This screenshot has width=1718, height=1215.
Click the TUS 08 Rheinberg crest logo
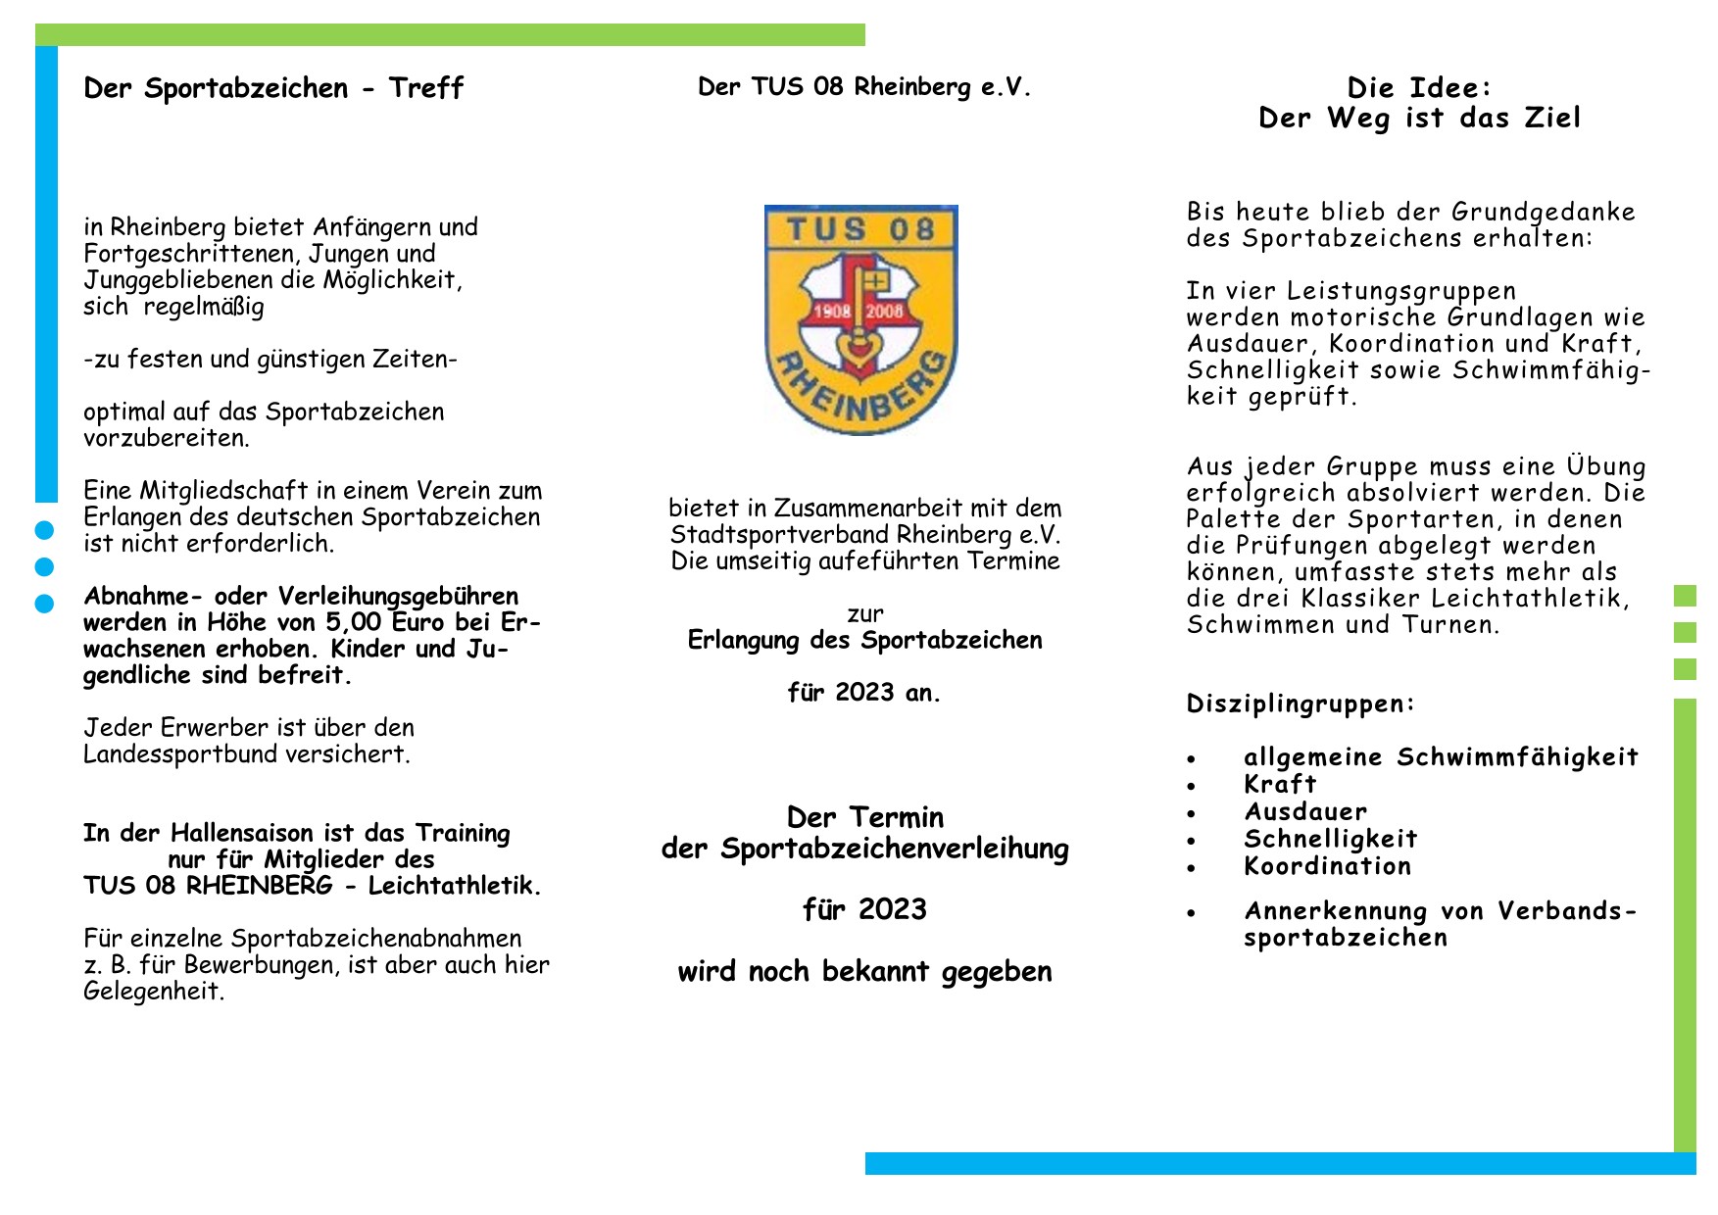point(860,319)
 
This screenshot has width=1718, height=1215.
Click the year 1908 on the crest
point(832,312)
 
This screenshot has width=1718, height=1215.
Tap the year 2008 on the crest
point(884,312)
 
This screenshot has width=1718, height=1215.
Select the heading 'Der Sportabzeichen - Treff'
point(273,88)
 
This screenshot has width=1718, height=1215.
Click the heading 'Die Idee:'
point(1419,88)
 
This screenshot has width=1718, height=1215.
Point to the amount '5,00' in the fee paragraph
point(354,622)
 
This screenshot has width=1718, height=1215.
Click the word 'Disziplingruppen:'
point(1301,704)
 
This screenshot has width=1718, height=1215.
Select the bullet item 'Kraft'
point(1280,784)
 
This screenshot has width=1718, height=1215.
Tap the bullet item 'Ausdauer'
point(1305,811)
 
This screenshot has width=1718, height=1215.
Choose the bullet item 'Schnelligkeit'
point(1330,839)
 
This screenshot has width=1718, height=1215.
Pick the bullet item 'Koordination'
point(1327,866)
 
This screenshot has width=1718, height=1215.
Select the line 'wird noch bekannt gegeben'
point(864,972)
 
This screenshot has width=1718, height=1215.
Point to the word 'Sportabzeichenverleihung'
point(894,849)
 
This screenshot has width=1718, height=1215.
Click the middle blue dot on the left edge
point(44,567)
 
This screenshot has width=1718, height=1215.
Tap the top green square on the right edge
point(1685,596)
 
